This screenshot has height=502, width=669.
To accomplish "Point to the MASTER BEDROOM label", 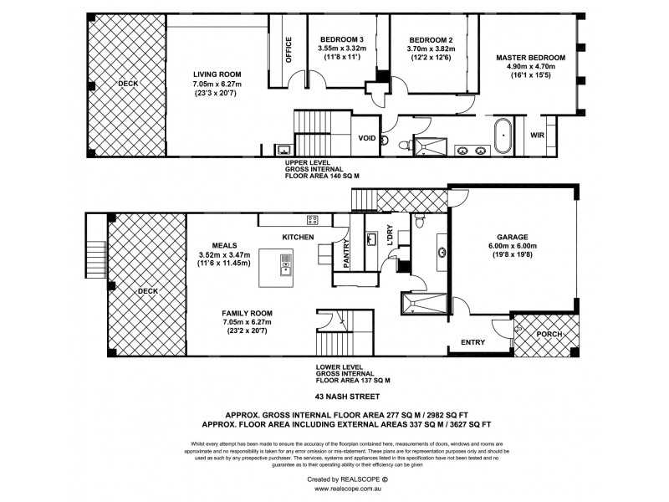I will (x=530, y=58).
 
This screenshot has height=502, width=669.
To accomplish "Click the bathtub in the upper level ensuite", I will (x=502, y=136).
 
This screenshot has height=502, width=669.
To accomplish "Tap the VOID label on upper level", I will (x=366, y=138).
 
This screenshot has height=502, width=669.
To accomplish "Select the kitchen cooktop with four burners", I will (x=312, y=221).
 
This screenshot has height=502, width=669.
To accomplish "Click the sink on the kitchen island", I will (x=286, y=269).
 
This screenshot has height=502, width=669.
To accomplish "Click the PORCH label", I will (x=549, y=335).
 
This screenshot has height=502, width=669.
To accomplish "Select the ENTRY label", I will (x=473, y=343).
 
